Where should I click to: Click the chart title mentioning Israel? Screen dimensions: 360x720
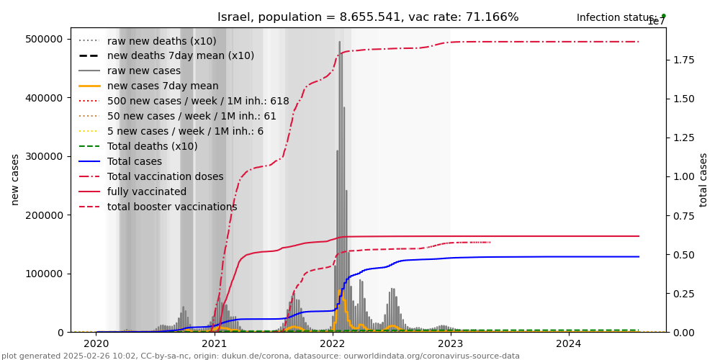[x=368, y=17]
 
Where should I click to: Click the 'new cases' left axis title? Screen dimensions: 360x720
[x=15, y=179]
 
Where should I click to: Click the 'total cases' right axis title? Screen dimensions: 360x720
[x=703, y=179]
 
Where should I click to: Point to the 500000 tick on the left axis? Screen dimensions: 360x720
[x=45, y=39]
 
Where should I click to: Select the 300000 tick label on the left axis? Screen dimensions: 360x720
[x=45, y=156]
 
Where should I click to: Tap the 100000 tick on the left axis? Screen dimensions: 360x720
[x=45, y=274]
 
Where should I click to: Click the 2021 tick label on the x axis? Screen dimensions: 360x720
[x=215, y=344]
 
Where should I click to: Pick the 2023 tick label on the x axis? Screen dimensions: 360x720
[x=451, y=344]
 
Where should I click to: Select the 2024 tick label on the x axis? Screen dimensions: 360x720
[x=569, y=344]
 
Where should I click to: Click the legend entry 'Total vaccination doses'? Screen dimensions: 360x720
[x=165, y=176]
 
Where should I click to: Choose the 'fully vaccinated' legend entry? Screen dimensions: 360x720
[x=146, y=192]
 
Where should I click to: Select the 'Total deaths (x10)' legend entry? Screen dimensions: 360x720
[x=152, y=146]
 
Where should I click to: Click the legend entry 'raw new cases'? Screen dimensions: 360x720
[x=143, y=71]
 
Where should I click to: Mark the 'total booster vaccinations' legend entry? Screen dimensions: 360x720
[x=172, y=207]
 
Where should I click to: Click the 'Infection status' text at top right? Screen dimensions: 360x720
[x=616, y=17]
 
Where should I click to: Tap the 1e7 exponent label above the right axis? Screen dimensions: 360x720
[x=656, y=22]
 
